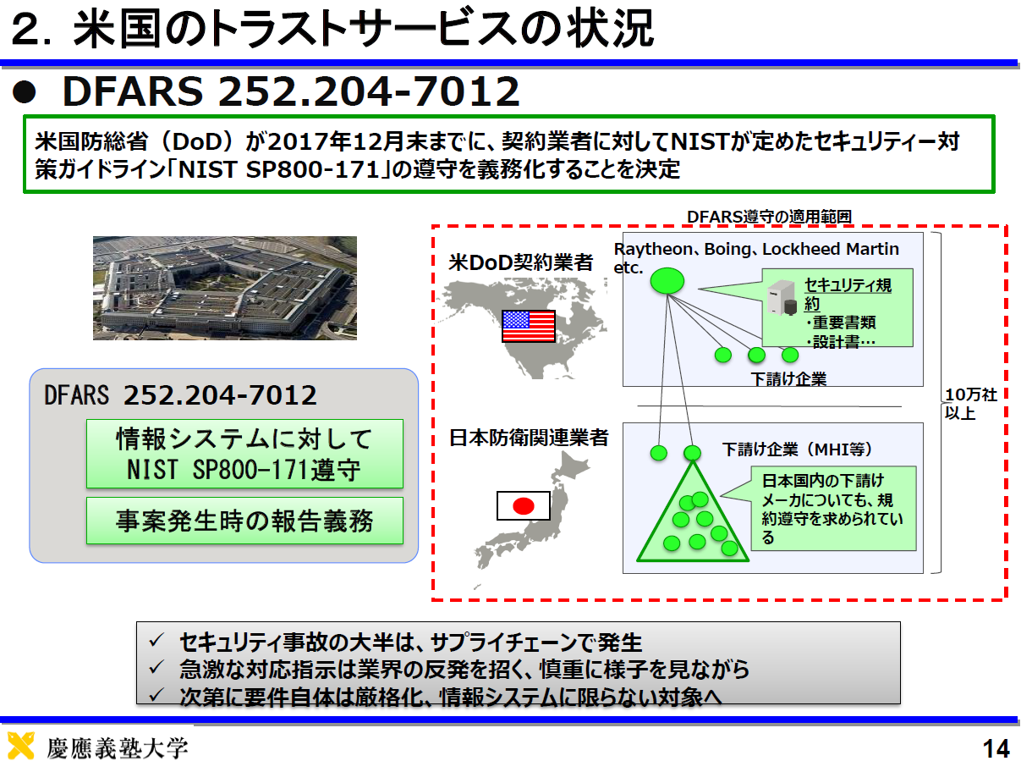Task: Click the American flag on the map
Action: point(529,326)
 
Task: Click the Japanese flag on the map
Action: point(524,505)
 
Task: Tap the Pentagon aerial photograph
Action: point(225,288)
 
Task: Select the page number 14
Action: point(996,747)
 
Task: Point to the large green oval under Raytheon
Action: point(667,280)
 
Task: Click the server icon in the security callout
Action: point(782,298)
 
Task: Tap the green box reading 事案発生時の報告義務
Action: point(244,521)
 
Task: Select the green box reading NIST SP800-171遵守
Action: point(244,454)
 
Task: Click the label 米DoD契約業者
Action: point(520,262)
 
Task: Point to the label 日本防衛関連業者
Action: point(529,438)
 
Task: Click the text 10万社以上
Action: point(970,404)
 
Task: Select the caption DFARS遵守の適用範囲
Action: point(769,217)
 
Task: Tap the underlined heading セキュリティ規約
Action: point(848,295)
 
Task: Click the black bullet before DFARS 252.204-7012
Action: point(25,91)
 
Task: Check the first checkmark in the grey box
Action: point(157,640)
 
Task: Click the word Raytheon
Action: point(653,249)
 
